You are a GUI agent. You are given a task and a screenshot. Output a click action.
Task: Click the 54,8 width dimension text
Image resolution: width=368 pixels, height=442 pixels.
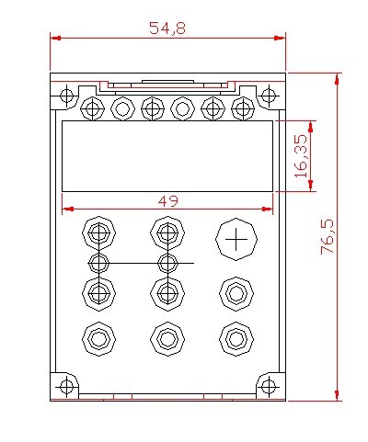pos(167,28)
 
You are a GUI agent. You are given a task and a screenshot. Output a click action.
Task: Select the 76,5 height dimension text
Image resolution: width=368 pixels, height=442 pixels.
pos(328,237)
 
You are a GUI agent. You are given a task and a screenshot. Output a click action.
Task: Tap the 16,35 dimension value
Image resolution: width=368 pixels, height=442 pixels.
pos(301,156)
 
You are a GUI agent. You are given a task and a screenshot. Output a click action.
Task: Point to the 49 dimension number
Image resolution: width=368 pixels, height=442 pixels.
pos(167,201)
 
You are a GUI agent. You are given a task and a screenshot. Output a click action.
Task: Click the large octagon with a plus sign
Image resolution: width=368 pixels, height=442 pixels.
pos(236,239)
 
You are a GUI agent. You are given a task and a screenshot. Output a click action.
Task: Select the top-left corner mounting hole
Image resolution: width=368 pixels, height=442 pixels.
pos(66,96)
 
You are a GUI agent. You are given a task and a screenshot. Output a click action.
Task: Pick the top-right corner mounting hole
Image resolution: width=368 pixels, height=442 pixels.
pos(269,96)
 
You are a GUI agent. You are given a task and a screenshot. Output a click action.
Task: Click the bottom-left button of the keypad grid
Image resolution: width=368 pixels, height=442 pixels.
pos(98,339)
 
